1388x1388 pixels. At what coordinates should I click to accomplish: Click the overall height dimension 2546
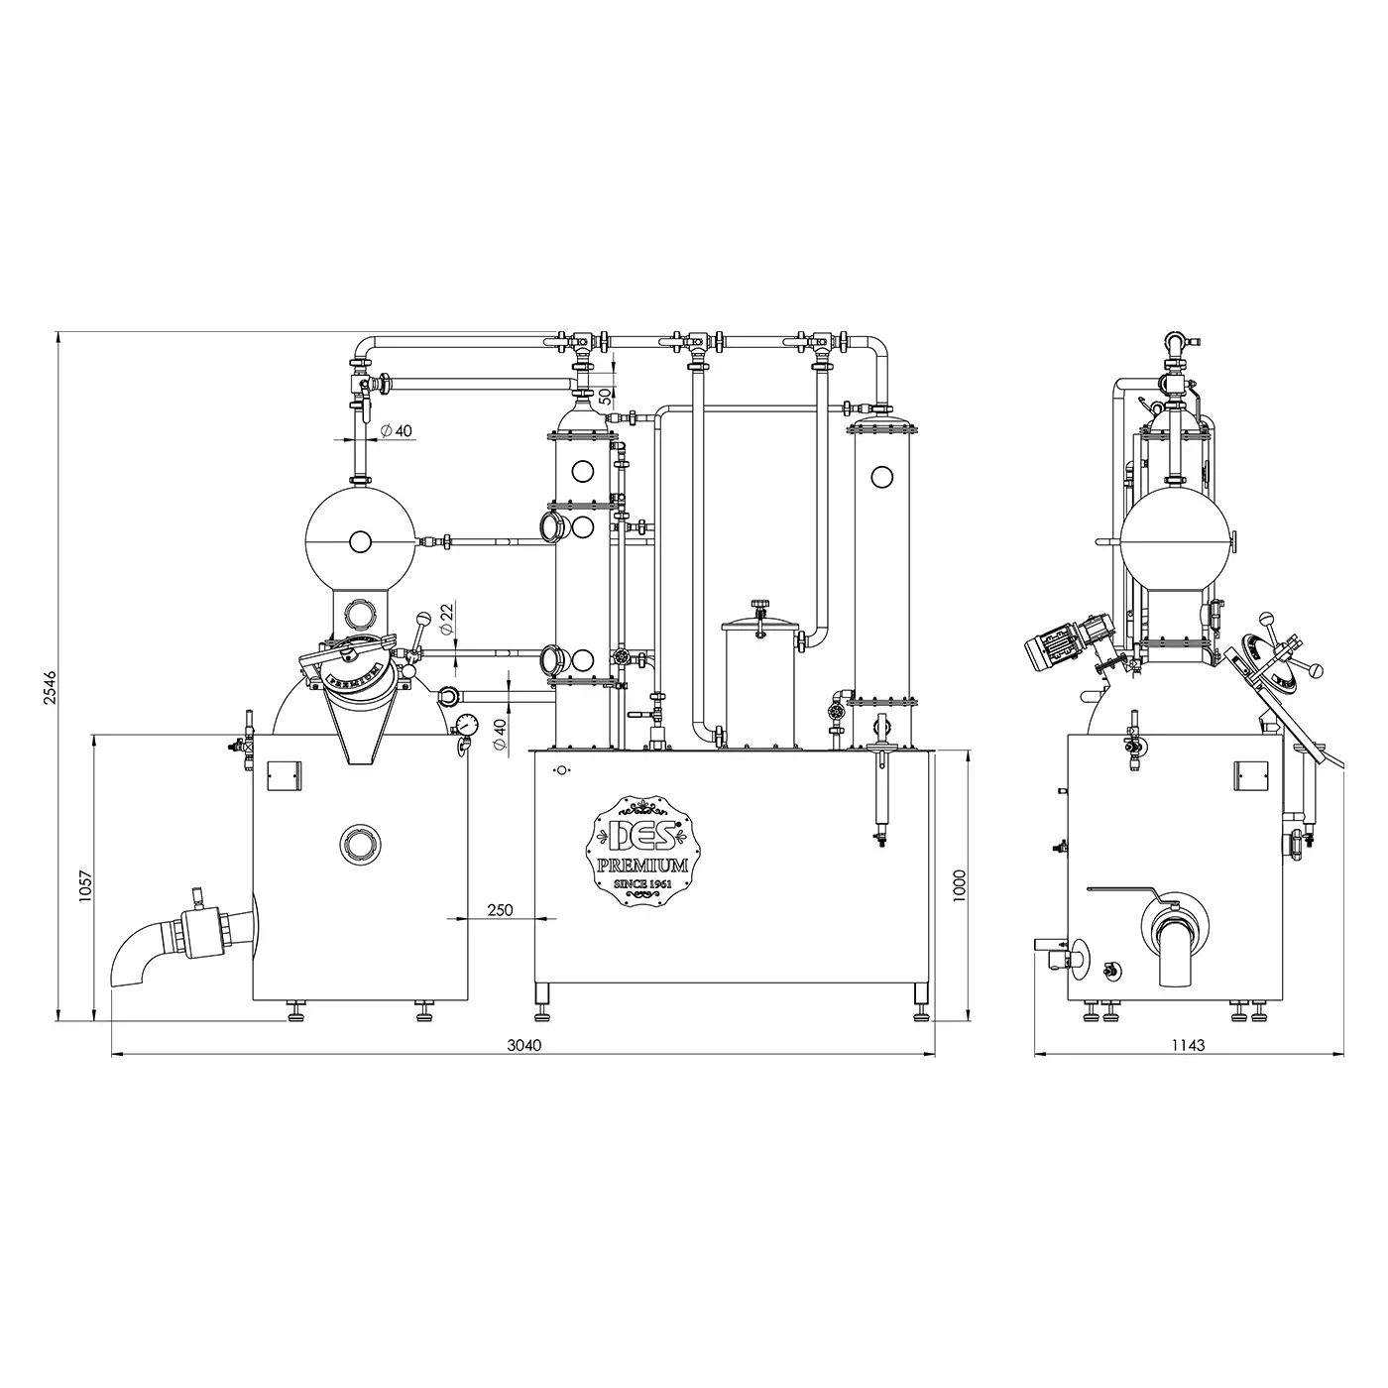click(49, 687)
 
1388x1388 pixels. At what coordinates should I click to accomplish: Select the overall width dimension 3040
click(523, 1045)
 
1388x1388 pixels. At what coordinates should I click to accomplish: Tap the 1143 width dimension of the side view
click(1188, 1045)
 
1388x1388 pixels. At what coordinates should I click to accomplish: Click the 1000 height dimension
click(959, 885)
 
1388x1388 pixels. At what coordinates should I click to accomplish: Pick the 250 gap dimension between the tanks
click(500, 910)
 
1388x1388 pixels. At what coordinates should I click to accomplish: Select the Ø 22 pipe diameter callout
click(446, 619)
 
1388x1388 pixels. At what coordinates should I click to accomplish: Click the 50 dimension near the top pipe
click(605, 395)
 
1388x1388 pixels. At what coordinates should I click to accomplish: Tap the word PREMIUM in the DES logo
click(642, 865)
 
